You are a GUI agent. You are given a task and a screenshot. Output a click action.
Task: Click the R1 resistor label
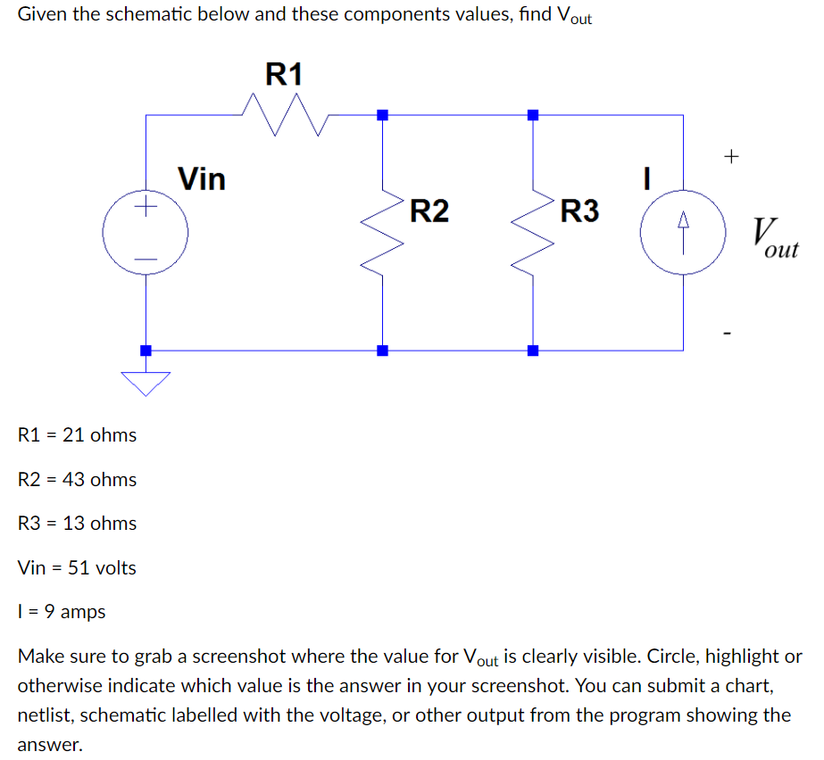coord(285,73)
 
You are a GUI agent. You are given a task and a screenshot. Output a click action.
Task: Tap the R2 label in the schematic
coord(429,211)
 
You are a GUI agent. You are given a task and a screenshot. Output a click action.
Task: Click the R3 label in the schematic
coord(579,211)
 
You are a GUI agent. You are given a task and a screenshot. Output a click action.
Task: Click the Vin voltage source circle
coord(146,234)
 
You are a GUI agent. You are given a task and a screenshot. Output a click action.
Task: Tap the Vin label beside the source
coord(202,179)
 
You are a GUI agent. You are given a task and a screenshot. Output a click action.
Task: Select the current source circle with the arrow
coord(683,234)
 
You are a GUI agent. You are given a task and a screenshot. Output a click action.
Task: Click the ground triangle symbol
coord(146,382)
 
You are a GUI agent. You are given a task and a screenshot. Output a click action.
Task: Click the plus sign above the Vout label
coord(731,157)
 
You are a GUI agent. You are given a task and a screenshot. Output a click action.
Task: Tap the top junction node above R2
coord(383,115)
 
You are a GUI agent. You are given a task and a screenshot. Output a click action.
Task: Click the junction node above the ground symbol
coord(146,351)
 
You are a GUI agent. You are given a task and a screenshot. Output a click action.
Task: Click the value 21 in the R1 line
coord(74,435)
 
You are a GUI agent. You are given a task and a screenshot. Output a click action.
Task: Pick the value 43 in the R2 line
coord(75,480)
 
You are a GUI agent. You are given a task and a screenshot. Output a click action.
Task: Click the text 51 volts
coord(103,568)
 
